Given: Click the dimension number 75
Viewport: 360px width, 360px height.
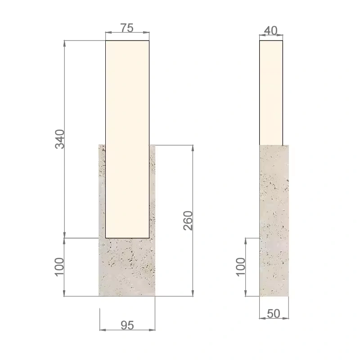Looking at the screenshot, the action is tap(127, 28).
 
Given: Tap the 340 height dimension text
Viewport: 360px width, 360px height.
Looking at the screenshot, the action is tap(60, 139).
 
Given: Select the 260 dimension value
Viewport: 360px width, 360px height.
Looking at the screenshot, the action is tap(188, 220).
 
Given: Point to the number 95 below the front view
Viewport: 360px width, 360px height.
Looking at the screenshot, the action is tap(127, 325).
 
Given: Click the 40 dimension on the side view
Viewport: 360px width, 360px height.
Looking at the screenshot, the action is tap(271, 31).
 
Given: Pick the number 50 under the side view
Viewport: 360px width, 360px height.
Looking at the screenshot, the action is tap(274, 314).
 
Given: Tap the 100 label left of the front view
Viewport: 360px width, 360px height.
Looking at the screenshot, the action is tap(59, 267).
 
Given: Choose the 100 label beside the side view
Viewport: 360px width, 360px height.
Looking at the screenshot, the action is tap(241, 267).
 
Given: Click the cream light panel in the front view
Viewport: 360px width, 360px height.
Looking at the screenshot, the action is tap(127, 139).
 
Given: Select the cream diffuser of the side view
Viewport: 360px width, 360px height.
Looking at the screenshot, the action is tap(271, 93).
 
